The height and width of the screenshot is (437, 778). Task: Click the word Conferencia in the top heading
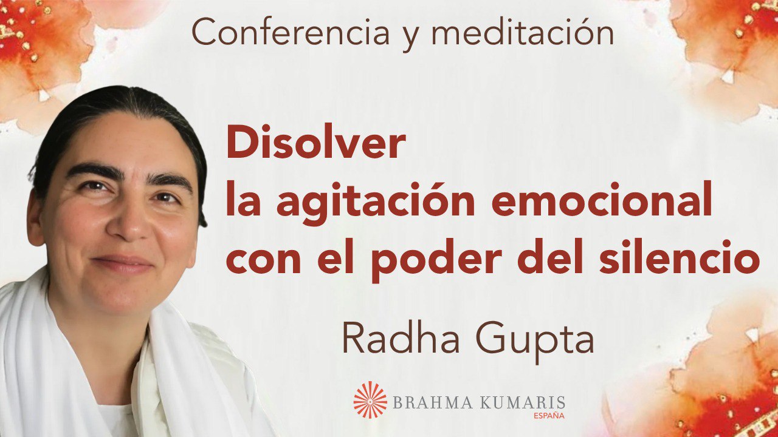pyautogui.click(x=290, y=33)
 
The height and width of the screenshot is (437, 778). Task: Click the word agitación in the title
pyautogui.click(x=376, y=204)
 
